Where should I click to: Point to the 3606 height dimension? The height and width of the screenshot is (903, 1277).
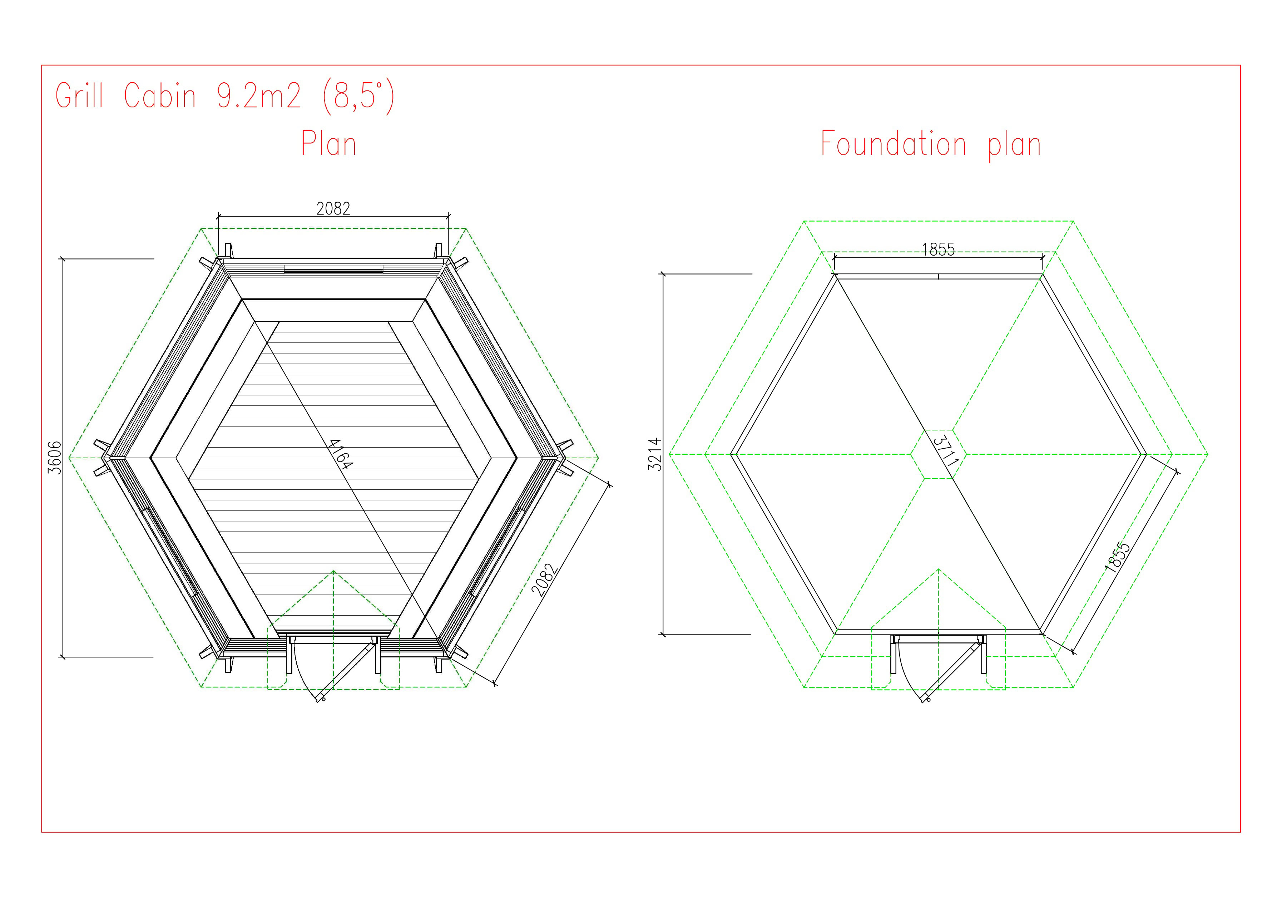[55, 457]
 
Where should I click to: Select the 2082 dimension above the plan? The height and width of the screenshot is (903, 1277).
[333, 209]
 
